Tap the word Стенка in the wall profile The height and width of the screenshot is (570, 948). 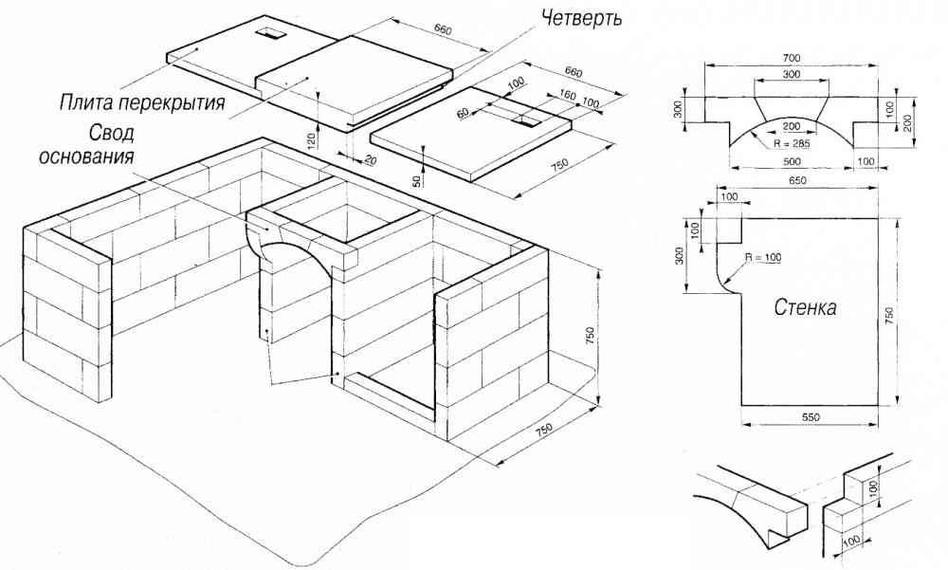coord(805,308)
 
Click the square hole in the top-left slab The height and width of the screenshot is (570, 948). coord(273,33)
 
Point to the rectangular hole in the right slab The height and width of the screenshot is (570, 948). coord(523,121)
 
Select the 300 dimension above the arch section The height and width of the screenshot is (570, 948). coord(790,73)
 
